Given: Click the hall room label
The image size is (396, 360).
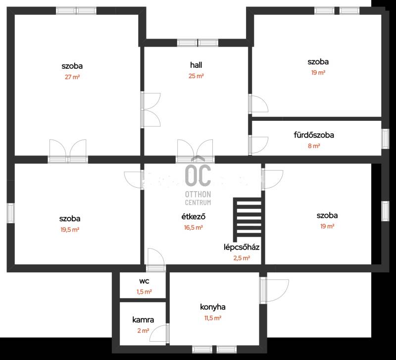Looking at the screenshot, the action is point(196,65).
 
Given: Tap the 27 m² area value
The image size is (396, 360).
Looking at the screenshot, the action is point(72,77).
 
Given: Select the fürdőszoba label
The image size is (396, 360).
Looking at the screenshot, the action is point(314,135).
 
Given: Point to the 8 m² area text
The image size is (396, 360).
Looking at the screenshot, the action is point(314,146).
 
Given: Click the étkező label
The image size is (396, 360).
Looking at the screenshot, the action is point(193,216).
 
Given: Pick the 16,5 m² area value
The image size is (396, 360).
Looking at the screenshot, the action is point(193,228).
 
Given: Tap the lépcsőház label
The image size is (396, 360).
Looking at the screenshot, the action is point(242,247).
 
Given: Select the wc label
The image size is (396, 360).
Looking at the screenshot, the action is point(144,281).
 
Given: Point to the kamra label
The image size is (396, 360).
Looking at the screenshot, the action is point(143,320).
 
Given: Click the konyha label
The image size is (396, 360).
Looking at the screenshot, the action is point(213,307).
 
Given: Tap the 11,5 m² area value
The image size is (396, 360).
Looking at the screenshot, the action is point(213,318).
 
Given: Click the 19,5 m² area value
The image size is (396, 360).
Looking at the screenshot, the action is point(70,230).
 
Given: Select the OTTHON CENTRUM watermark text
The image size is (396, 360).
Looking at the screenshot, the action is point(198,198).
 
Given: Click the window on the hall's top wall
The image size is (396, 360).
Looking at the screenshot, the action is point(198,43).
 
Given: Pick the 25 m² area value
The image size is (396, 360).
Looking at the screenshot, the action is point(196,76).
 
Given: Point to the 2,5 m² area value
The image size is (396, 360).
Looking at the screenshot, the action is point(242,258).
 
